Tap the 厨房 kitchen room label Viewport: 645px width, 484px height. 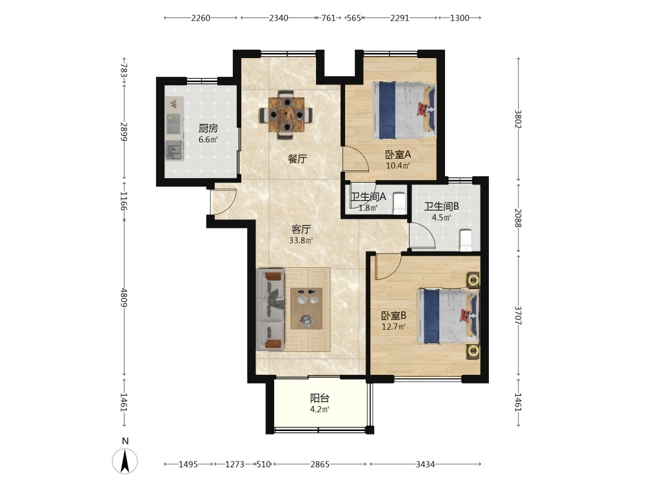coord(208,128)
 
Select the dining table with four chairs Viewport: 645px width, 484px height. coord(286,115)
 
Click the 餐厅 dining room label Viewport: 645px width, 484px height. coord(297,159)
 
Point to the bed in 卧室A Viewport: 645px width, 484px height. coord(404,111)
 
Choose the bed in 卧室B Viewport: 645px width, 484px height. coord(448,316)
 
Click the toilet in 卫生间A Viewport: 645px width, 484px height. coord(399,203)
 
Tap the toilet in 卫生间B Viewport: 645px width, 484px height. coord(465,240)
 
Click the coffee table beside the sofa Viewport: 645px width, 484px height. coord(306,308)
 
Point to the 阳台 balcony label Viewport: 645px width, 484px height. coord(320,398)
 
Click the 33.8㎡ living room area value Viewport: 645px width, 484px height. coord(301,240)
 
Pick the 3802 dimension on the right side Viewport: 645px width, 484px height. coord(519,119)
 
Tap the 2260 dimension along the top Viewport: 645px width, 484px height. coord(201,17)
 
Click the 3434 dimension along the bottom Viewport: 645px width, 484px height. coord(425,464)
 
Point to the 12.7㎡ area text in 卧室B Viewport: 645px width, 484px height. coord(393,327)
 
